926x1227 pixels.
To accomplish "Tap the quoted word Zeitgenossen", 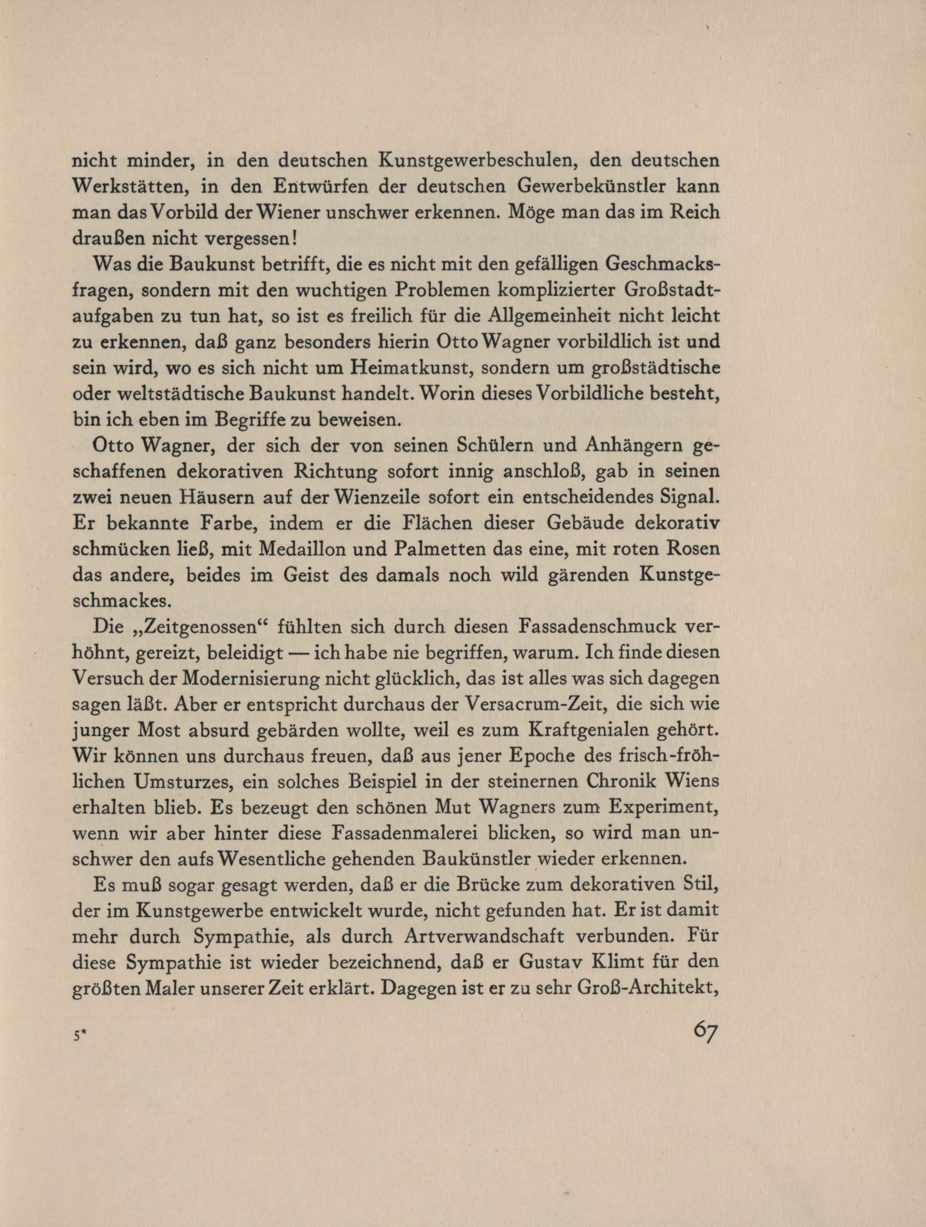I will (191, 627).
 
